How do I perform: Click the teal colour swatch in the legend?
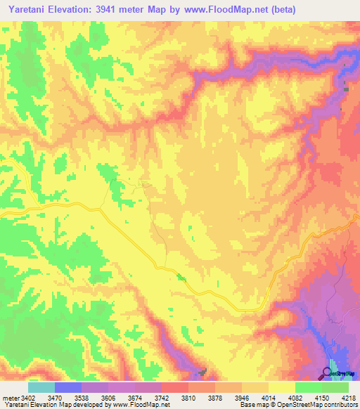pos(41,387)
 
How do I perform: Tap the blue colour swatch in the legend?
pos(68,387)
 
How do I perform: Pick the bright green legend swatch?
pos(309,387)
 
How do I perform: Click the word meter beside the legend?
pos(11,397)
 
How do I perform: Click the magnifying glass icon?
pos(327,372)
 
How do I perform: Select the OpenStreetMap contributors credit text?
pos(325,405)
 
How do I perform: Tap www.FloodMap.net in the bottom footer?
pos(143,405)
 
